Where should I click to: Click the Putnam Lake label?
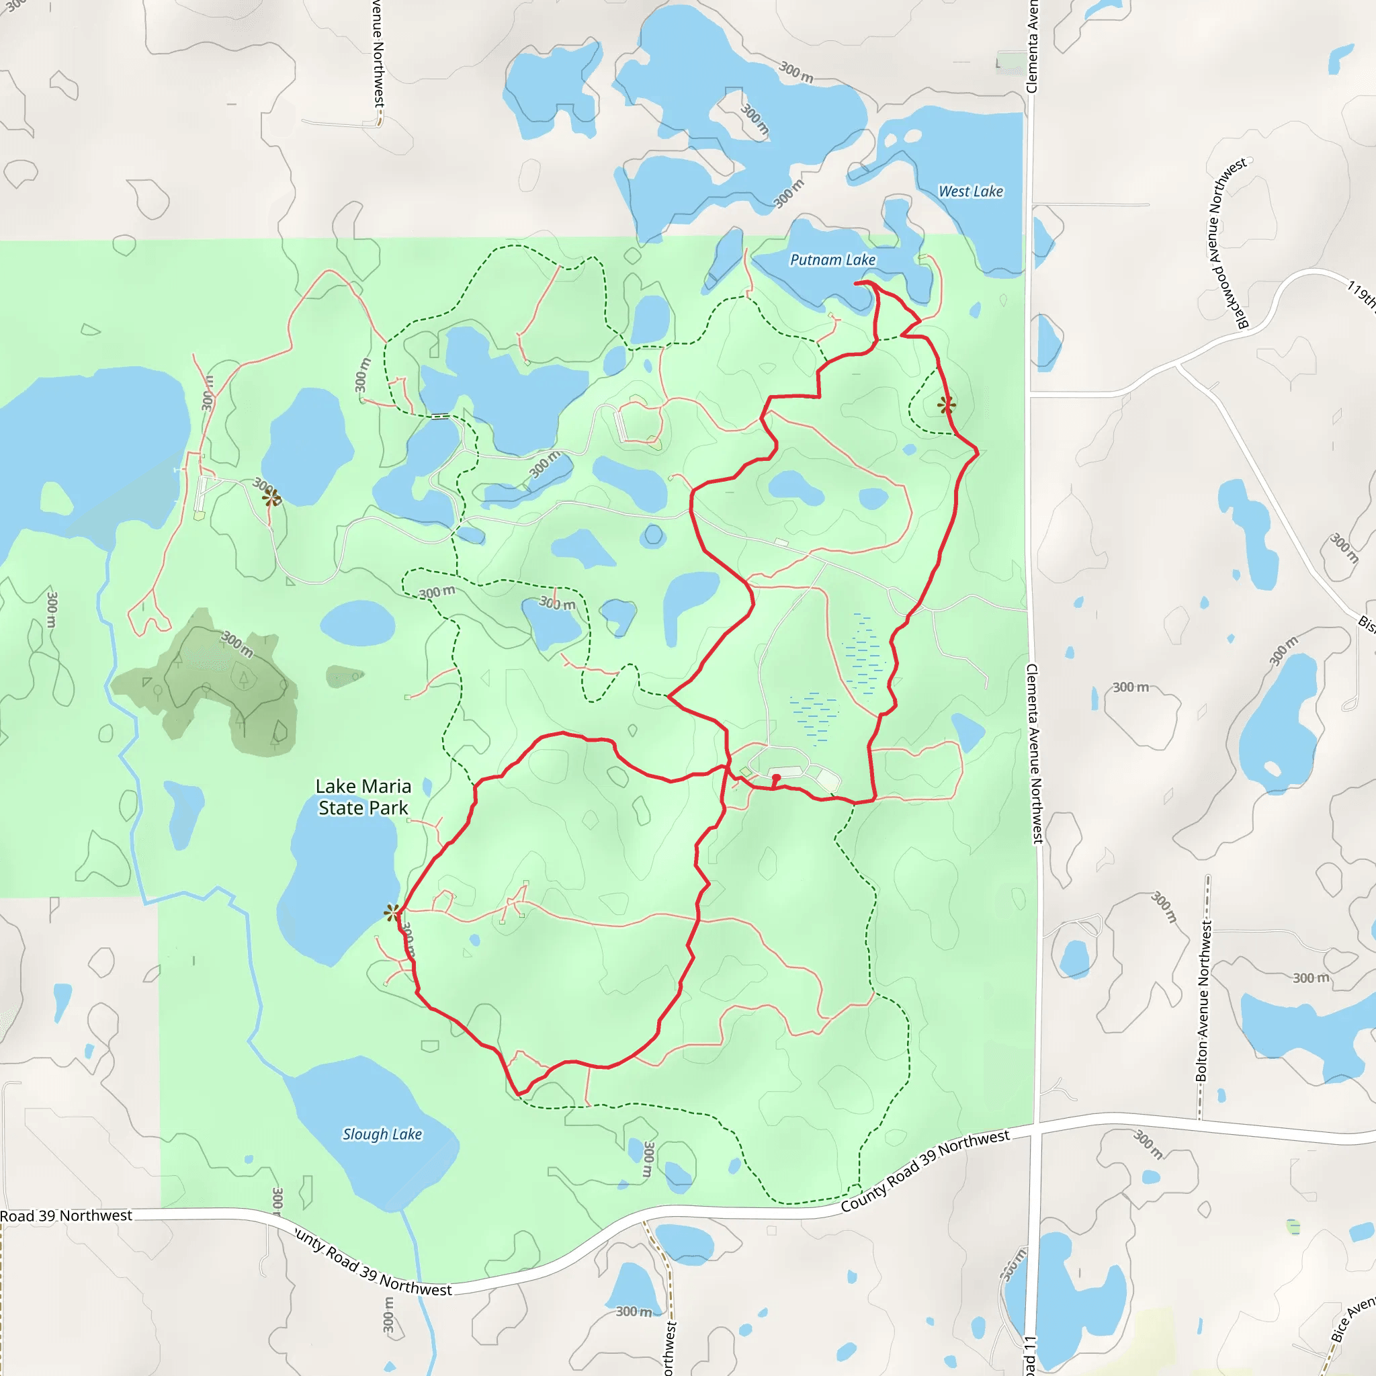tap(832, 260)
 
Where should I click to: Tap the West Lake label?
tap(970, 191)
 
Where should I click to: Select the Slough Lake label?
tap(382, 1134)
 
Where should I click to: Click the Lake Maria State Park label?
tap(363, 797)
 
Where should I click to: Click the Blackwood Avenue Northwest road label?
tap(1226, 242)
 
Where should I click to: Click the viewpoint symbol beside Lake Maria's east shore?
tap(392, 912)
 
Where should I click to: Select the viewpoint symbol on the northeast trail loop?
tap(947, 405)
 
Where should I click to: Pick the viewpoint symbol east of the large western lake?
tap(271, 498)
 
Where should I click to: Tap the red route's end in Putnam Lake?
tap(857, 284)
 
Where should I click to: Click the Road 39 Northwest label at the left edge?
tap(67, 1215)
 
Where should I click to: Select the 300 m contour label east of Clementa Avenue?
tap(1130, 687)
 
